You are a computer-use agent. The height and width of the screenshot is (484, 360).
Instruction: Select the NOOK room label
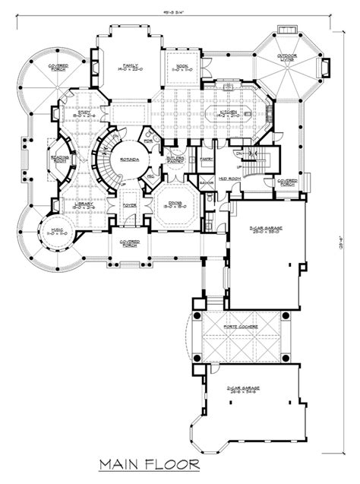pos(182,67)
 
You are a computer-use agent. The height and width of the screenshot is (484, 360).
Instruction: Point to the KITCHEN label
pos(229,114)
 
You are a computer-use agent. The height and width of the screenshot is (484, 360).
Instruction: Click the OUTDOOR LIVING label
pos(286,59)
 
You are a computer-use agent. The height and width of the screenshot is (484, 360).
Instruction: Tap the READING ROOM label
pos(60,160)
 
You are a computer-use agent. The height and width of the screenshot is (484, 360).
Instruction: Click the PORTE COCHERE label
pos(240,327)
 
